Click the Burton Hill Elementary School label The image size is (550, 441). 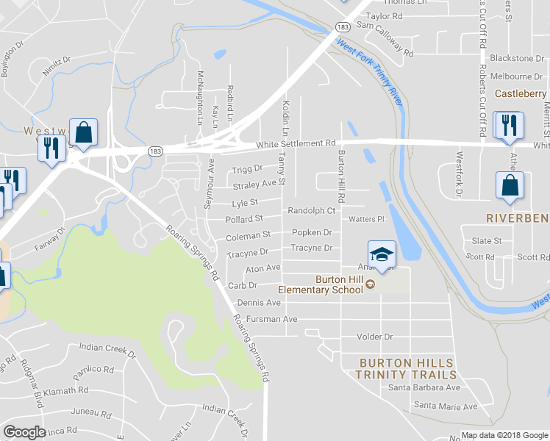(x=340, y=284)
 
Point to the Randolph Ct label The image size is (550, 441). (x=311, y=211)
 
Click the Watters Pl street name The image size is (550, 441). (x=367, y=219)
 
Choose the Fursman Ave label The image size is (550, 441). (x=271, y=320)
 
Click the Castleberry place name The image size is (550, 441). (x=521, y=94)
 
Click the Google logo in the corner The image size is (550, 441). (x=24, y=431)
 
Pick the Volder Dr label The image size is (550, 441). (x=375, y=337)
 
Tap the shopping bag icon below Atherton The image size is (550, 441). (x=510, y=188)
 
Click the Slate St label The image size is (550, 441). (x=486, y=241)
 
